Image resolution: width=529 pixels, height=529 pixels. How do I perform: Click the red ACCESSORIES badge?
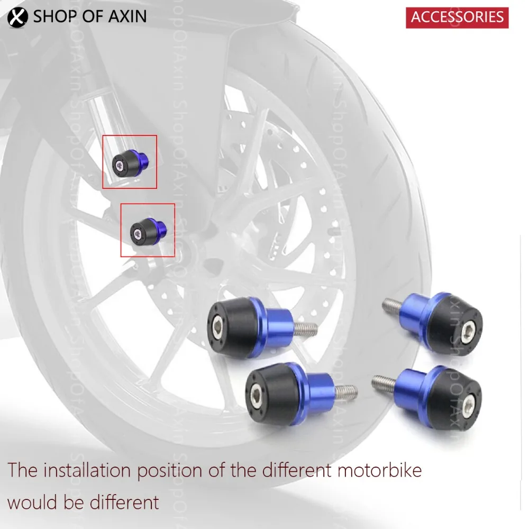click(x=457, y=17)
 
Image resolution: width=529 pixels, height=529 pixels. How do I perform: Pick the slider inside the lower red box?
click(x=149, y=230)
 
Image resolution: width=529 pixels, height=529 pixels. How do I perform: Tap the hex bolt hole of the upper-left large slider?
click(x=217, y=321)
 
